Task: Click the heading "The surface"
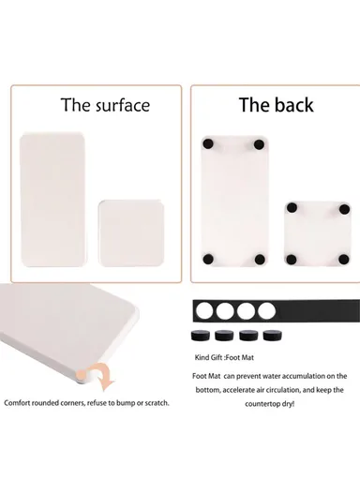[x=106, y=105]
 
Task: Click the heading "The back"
[x=276, y=105]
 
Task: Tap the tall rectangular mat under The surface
[x=52, y=200]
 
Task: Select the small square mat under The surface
[x=131, y=233]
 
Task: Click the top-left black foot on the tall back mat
[x=207, y=144]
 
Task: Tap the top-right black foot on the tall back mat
[x=259, y=145]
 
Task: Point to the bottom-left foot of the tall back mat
[x=207, y=259]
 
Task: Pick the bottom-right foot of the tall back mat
[x=260, y=260]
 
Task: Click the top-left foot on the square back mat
[x=292, y=208]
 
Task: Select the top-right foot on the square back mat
[x=344, y=209]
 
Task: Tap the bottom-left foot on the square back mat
[x=292, y=260]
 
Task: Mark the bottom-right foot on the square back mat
[x=343, y=260]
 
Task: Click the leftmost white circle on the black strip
[x=204, y=311]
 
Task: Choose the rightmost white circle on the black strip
[x=266, y=311]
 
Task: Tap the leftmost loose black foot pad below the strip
[x=201, y=336]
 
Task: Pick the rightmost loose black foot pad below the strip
[x=272, y=336]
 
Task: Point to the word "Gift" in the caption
[x=217, y=357]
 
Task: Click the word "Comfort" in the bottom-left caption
[x=17, y=403]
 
